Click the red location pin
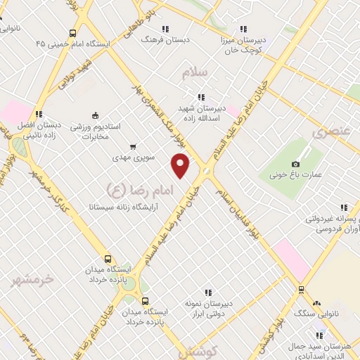(x=181, y=166)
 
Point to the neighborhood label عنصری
(x=330, y=131)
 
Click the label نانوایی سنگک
(x=320, y=311)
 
